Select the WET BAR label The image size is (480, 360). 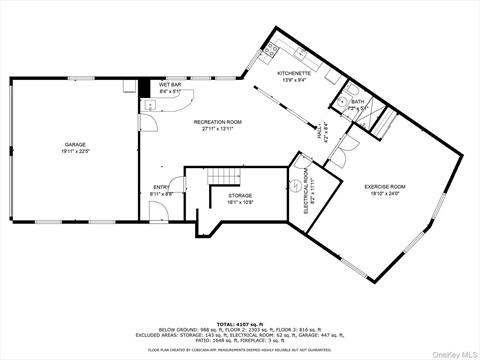point(170,85)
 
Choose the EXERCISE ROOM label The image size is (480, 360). point(384,187)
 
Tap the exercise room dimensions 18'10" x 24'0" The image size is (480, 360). point(384,194)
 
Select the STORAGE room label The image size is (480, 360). point(239,195)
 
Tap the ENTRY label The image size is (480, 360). point(161,187)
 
